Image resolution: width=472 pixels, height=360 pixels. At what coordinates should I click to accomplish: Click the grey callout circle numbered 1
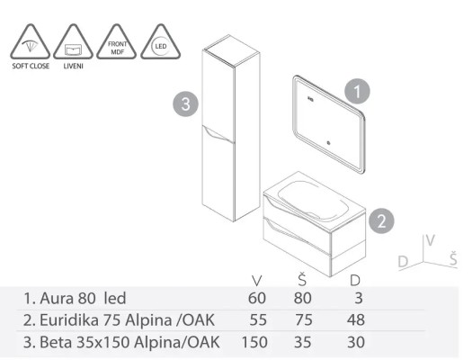(x=357, y=90)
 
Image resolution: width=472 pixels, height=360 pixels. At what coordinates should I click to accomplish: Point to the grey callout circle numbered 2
(x=381, y=219)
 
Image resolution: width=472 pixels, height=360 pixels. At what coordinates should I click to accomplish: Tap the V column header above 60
(x=257, y=278)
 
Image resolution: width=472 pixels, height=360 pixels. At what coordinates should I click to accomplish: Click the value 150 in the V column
(x=255, y=342)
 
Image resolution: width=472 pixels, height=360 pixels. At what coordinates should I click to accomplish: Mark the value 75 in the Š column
(x=305, y=319)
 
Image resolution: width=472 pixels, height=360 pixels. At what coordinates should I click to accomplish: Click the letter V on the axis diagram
(x=431, y=241)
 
